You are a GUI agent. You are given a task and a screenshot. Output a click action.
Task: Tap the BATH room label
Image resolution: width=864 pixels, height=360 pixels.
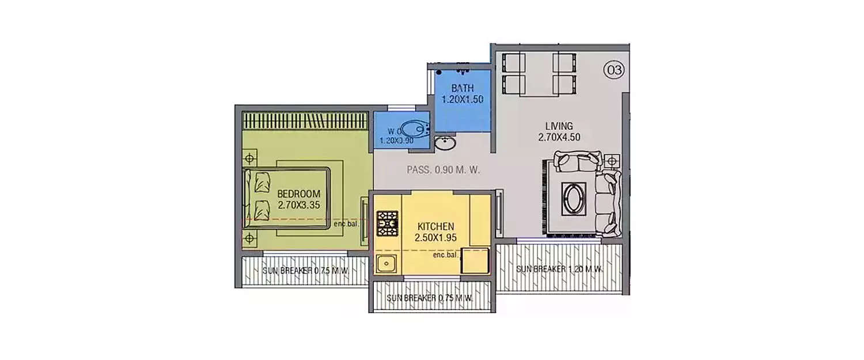(462, 89)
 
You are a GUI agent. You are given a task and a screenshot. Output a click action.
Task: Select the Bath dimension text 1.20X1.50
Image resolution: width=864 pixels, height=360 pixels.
(462, 99)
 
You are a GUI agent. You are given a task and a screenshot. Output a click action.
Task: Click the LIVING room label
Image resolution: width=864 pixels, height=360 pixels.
(559, 126)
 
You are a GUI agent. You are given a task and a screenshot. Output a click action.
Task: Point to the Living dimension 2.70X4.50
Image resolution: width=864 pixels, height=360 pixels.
(559, 137)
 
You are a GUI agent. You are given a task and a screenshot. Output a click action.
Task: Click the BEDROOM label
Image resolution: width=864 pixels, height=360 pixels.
(298, 194)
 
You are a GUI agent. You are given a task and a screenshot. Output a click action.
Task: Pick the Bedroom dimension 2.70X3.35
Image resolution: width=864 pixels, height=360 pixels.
(298, 204)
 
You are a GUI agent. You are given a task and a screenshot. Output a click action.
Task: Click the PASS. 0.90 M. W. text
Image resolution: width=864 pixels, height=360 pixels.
(444, 170)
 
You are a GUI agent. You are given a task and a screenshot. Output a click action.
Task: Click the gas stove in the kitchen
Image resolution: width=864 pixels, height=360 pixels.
(387, 223)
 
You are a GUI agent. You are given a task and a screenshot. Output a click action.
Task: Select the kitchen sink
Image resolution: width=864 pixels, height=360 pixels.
(385, 264)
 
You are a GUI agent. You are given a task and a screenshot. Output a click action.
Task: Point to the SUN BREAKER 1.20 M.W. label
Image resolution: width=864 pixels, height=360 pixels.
(559, 269)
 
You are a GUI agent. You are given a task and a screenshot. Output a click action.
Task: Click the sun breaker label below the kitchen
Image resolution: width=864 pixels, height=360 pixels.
(430, 298)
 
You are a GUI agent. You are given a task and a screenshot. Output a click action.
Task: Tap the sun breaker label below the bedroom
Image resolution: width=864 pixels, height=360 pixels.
(306, 271)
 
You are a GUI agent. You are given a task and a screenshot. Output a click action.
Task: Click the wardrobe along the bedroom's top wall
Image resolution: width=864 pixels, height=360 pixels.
(305, 120)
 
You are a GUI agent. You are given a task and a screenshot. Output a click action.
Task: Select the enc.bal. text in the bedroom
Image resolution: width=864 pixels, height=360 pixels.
(346, 223)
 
